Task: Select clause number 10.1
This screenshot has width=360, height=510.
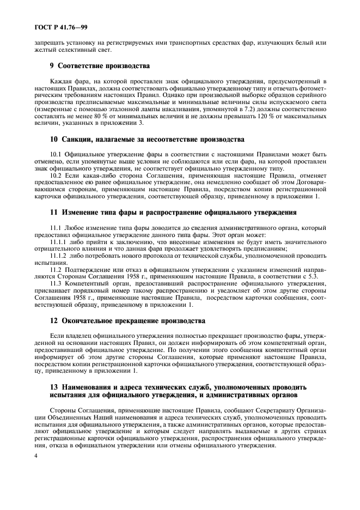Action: point(56,155)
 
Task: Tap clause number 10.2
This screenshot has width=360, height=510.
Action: point(56,175)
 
